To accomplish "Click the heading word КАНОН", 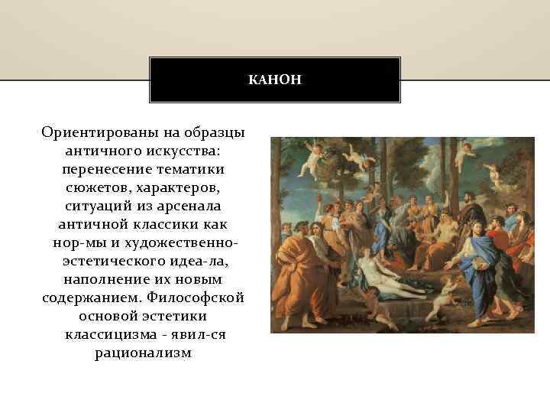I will coord(275,80).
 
